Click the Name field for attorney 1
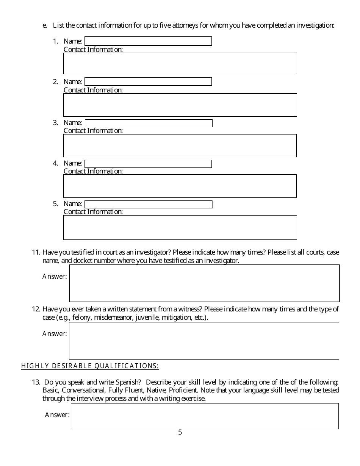tap(148, 41)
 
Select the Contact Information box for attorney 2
tap(180, 105)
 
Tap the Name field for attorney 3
tap(149, 123)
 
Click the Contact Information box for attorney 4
tap(180, 186)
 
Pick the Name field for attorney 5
tap(149, 204)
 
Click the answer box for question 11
tap(204, 283)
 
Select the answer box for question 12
tap(204, 341)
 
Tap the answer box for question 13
tap(205, 416)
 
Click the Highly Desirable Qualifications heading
tap(90, 366)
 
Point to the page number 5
tap(180, 432)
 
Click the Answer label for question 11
tap(55, 277)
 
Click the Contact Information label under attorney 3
tap(93, 131)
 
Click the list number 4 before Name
tap(55, 163)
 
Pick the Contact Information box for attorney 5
tap(180, 227)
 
